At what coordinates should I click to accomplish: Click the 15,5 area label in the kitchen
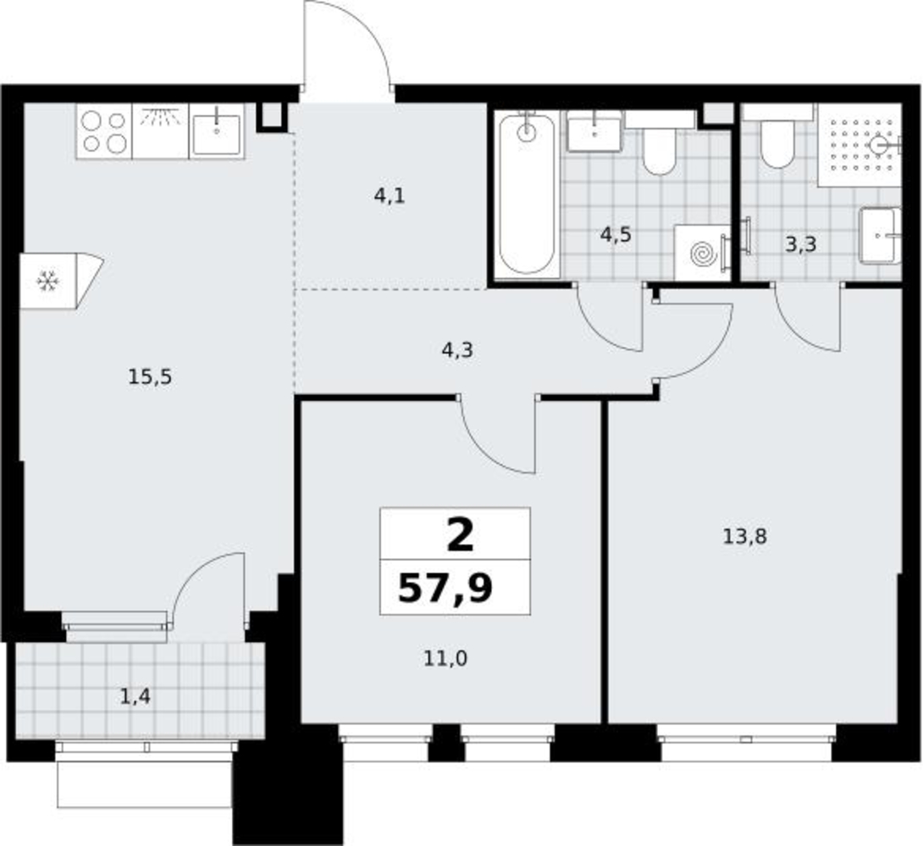coord(150,376)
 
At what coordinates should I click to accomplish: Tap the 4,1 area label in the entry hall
coord(390,195)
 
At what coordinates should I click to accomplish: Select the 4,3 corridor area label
coord(457,350)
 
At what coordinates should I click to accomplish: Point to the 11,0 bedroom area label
coord(445,658)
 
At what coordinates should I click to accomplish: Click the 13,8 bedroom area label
coord(744,536)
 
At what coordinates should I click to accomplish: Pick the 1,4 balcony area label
coord(135,696)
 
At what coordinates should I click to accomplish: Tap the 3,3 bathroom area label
coord(801,244)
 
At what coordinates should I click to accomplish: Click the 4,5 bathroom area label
coord(616,234)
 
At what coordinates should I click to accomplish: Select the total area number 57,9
coord(445,588)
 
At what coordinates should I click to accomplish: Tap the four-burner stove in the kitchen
coord(104,132)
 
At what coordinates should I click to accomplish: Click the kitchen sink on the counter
coord(217,134)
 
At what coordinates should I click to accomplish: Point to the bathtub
coord(527,194)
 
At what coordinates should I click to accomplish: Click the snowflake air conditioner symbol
coord(47,281)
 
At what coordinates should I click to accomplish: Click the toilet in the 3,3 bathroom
coord(777,141)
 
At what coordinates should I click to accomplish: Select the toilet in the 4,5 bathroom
coord(660,147)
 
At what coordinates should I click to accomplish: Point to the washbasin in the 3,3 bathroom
coord(880,235)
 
